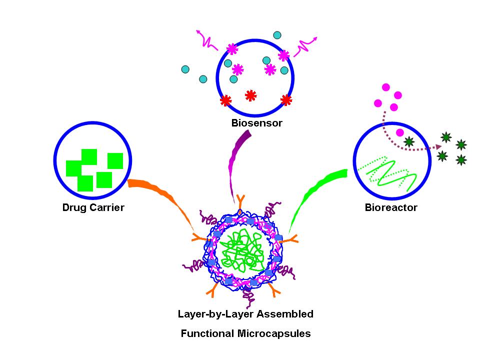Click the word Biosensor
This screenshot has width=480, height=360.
point(256,123)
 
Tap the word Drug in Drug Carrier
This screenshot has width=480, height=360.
point(73,207)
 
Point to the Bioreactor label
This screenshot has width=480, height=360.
point(391,207)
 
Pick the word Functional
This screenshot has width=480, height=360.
point(209,333)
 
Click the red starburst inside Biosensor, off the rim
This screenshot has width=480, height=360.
point(250,94)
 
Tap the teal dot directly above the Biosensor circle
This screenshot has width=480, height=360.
point(277,35)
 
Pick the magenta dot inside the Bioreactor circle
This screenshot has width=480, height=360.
point(400,132)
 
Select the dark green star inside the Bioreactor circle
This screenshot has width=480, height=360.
point(409,142)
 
